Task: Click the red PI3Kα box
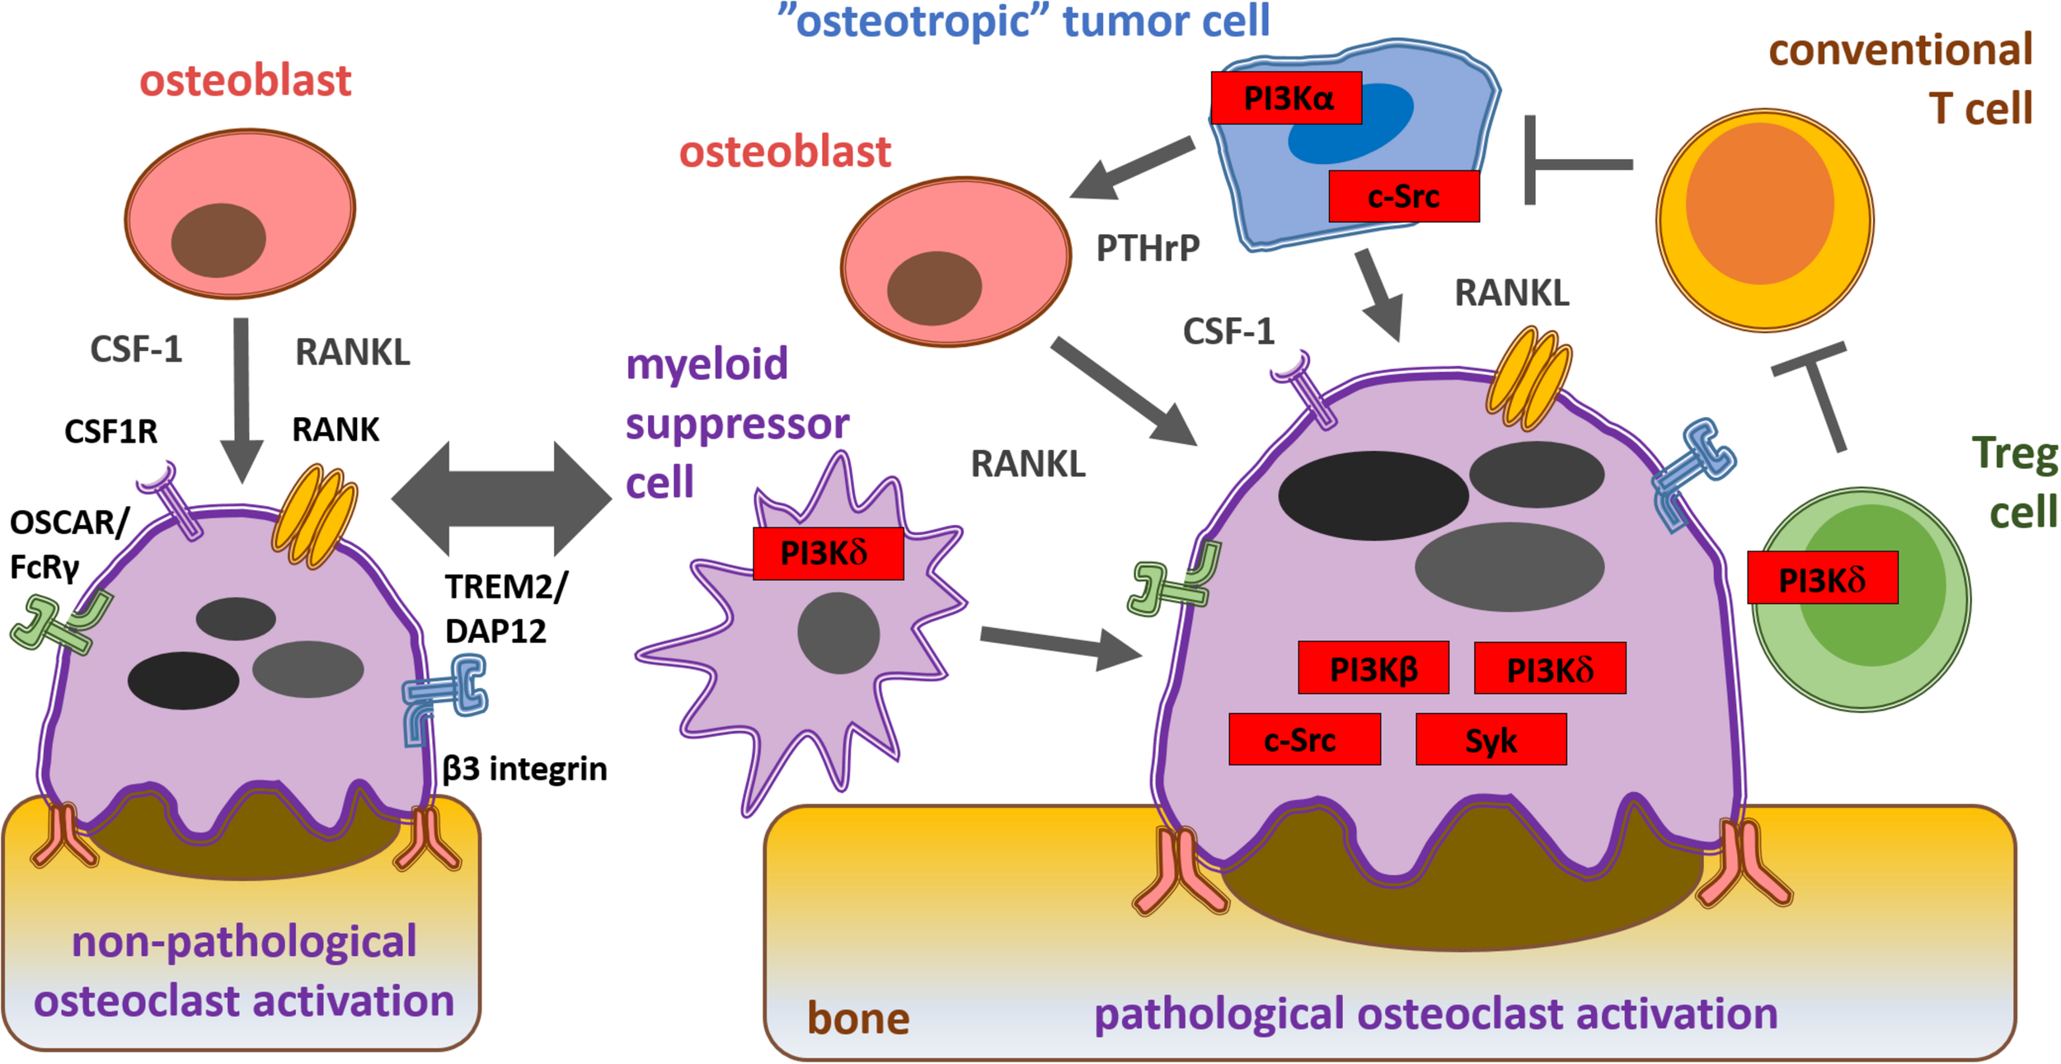tap(1286, 98)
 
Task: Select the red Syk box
tap(1491, 739)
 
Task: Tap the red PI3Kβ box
tap(1373, 668)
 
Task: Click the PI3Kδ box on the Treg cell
tap(1823, 578)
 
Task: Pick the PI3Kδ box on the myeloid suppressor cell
tap(828, 553)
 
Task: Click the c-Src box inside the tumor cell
tap(1403, 196)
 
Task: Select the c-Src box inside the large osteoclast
tap(1304, 739)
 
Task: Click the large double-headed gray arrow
tap(501, 498)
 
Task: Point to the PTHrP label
tap(1147, 248)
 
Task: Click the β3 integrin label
tap(524, 768)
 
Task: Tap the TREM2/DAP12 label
tap(505, 608)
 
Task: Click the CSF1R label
tap(110, 431)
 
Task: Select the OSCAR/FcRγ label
tap(68, 544)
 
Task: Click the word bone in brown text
tap(857, 1018)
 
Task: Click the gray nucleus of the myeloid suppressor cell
tap(838, 633)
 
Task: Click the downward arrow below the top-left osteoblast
tap(242, 396)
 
